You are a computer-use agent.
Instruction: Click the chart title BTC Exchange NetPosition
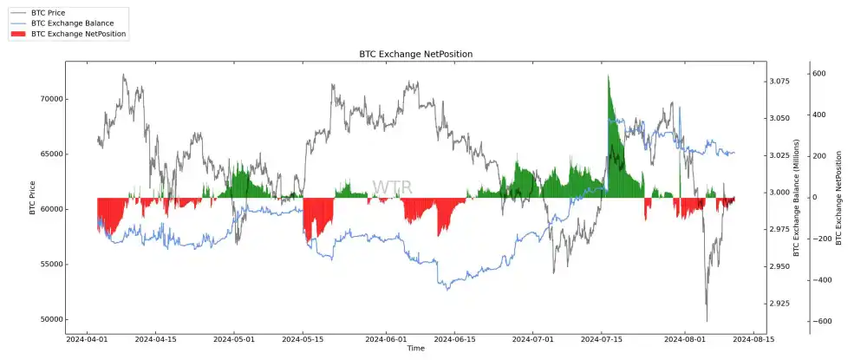[x=415, y=54]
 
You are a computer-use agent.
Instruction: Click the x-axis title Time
[x=416, y=349]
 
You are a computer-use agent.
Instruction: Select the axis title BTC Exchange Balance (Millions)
[x=795, y=197]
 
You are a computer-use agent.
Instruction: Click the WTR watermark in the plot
[x=392, y=188]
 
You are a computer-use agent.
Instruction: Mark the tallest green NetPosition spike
[x=609, y=78]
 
